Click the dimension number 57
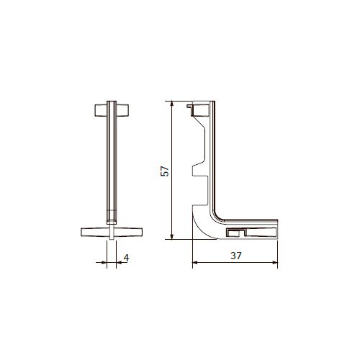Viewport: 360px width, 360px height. click(165, 171)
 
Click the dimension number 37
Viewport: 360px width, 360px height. click(236, 256)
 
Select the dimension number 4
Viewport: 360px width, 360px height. click(126, 258)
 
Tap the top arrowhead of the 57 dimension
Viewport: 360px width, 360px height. click(171, 104)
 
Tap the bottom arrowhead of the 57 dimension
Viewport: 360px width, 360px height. click(171, 237)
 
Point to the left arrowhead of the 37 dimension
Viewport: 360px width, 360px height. click(195, 263)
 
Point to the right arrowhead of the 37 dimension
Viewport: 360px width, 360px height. click(275, 263)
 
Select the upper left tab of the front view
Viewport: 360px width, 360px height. click(101, 110)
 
